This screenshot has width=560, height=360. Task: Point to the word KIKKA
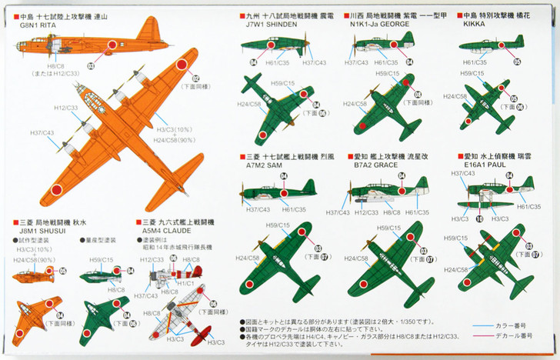coord(475,25)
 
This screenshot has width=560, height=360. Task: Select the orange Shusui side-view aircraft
coord(35,275)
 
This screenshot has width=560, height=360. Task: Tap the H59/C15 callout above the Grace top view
coord(388,228)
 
